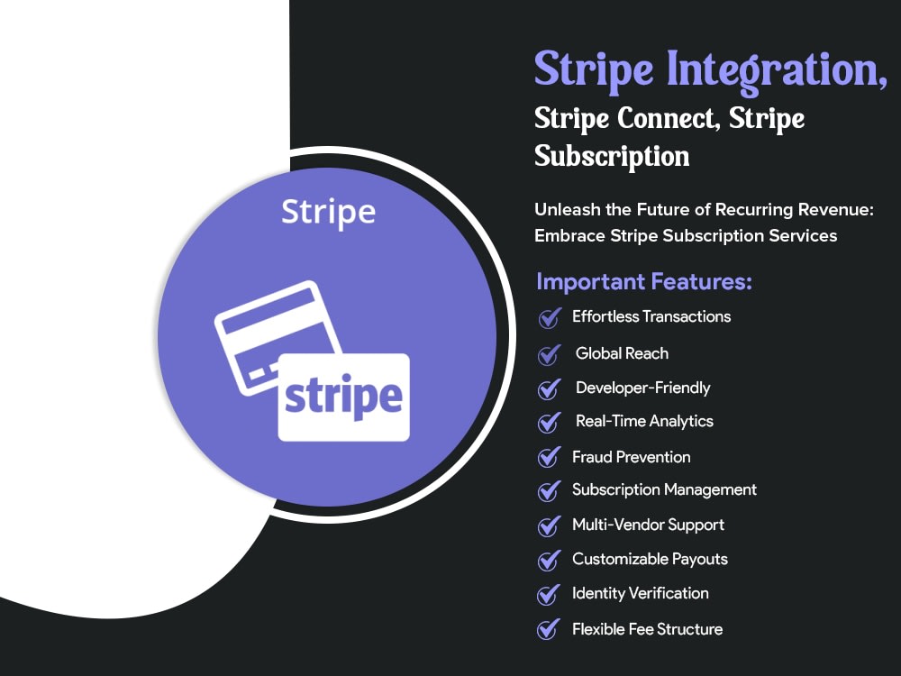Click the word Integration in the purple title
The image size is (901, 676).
tap(771, 70)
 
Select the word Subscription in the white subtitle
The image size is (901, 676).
tap(612, 156)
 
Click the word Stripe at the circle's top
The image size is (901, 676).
tap(328, 212)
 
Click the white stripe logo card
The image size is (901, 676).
tap(343, 397)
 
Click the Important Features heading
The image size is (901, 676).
tap(644, 282)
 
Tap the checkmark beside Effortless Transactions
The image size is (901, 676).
tap(549, 318)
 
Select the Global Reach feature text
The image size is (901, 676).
tap(622, 353)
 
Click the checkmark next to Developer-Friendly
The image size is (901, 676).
tap(549, 389)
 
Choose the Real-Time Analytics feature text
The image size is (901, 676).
tap(644, 421)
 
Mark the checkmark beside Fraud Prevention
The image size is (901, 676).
tap(549, 458)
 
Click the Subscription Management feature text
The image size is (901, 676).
tap(664, 490)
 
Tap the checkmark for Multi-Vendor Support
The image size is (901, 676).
tap(549, 526)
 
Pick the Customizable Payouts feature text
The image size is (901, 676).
tap(650, 560)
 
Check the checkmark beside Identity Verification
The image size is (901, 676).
tap(549, 595)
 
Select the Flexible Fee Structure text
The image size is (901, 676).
tap(647, 629)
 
